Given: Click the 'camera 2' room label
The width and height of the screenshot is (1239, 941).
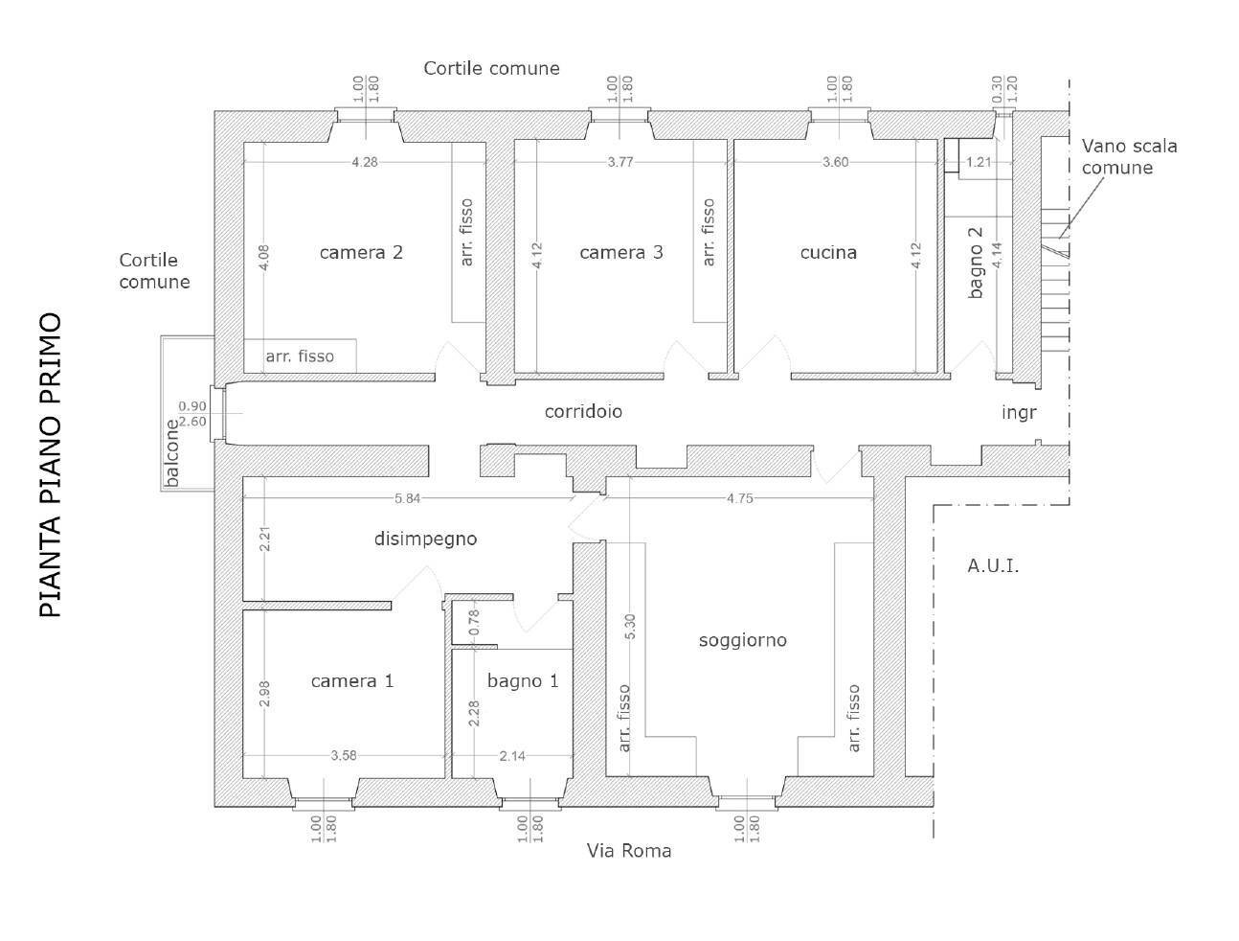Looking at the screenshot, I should point(361,253).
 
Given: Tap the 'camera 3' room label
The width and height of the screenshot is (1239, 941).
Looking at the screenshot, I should point(620,253).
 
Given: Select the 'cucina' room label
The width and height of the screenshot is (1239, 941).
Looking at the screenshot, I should point(828,253).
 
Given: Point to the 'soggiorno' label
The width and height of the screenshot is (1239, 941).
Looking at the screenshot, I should point(742,640).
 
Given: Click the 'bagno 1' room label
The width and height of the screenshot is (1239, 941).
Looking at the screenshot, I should point(522,681).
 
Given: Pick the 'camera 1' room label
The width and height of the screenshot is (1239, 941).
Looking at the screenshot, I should point(352,681).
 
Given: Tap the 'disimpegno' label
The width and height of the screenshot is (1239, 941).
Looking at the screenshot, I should point(425,539).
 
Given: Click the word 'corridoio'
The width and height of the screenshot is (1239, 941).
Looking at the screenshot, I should point(583,411).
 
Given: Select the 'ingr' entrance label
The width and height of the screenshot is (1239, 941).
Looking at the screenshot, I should point(1019,412).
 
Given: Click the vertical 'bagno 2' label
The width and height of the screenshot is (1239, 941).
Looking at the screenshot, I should point(976,263).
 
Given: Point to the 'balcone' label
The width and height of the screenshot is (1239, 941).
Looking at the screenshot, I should point(172,453).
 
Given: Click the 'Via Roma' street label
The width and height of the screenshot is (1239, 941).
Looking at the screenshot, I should point(629,851).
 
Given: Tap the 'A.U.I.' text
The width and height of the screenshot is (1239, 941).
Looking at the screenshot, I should point(993,566).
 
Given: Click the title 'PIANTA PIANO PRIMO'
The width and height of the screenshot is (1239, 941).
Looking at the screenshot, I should point(51,465).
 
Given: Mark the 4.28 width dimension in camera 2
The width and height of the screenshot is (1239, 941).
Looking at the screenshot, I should point(364,162).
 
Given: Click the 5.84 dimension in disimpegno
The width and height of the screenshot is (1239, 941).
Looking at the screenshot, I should point(407,497).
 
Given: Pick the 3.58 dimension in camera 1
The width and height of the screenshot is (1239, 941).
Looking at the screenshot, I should point(344,756).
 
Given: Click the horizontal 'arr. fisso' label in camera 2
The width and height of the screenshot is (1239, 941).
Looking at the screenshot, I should point(300,356).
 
